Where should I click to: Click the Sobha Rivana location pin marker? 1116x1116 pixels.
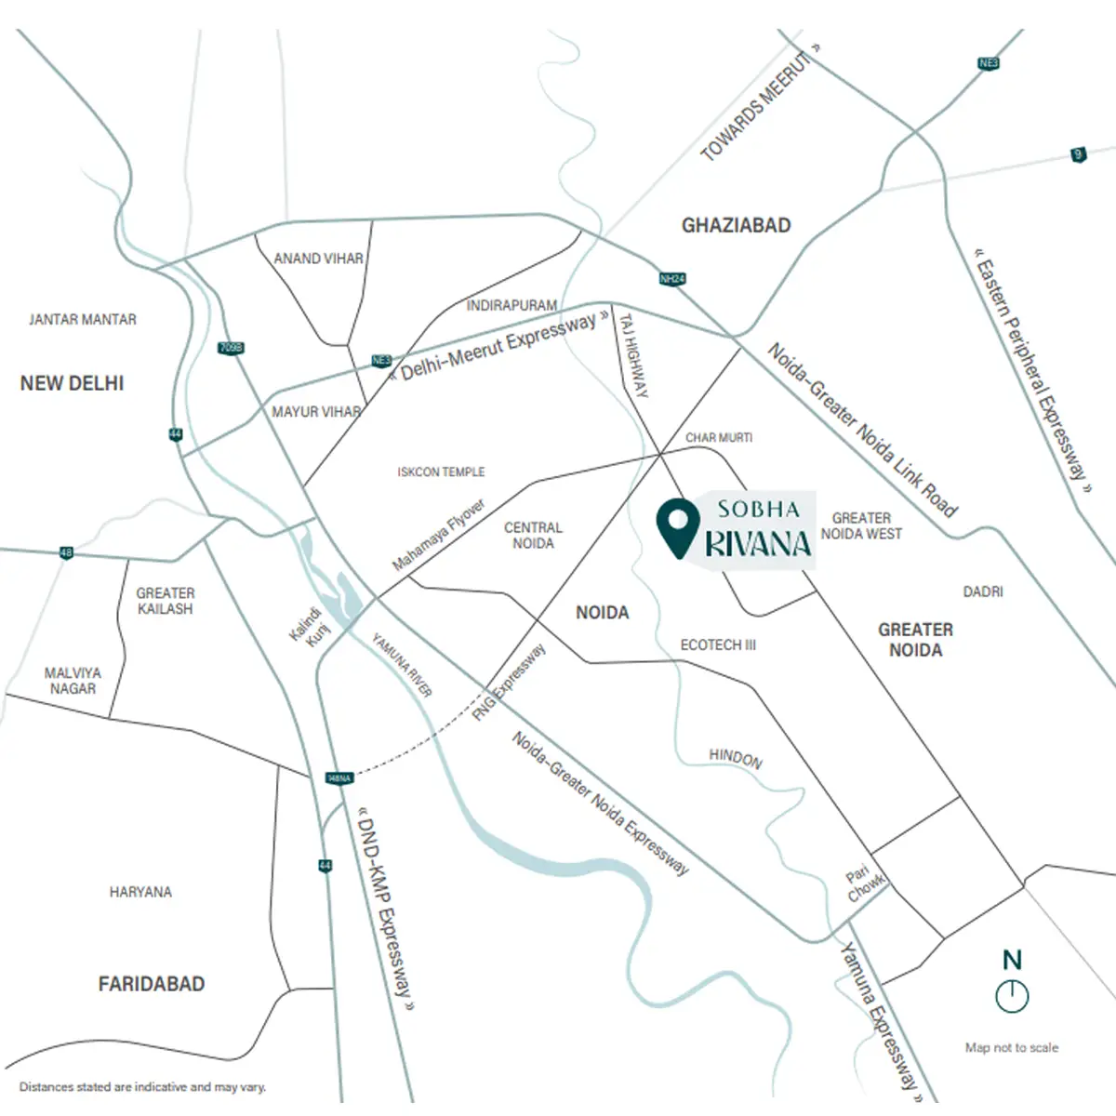click(x=677, y=527)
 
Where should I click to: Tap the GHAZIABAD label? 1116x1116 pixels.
click(x=736, y=225)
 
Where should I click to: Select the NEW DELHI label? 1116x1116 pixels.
click(x=72, y=383)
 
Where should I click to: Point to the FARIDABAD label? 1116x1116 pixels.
click(x=152, y=984)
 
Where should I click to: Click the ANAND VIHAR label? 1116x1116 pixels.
click(x=318, y=259)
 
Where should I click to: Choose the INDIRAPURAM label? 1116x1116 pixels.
click(x=511, y=305)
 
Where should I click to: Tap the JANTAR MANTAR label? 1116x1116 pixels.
click(x=83, y=320)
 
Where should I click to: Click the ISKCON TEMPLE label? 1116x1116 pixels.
click(x=441, y=472)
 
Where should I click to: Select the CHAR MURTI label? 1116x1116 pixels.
click(x=719, y=437)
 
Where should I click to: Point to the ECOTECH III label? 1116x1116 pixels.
click(x=718, y=644)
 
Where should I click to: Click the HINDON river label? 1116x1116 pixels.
click(x=736, y=758)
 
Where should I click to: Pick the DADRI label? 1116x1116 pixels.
click(x=983, y=591)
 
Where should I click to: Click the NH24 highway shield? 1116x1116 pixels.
click(x=672, y=278)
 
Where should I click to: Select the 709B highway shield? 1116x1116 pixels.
click(x=230, y=348)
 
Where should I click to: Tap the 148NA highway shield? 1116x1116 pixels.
click(x=339, y=777)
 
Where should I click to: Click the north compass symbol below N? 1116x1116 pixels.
click(x=1012, y=995)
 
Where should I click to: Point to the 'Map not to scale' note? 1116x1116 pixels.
click(x=1012, y=1047)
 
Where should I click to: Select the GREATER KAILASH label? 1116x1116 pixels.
click(x=165, y=601)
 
